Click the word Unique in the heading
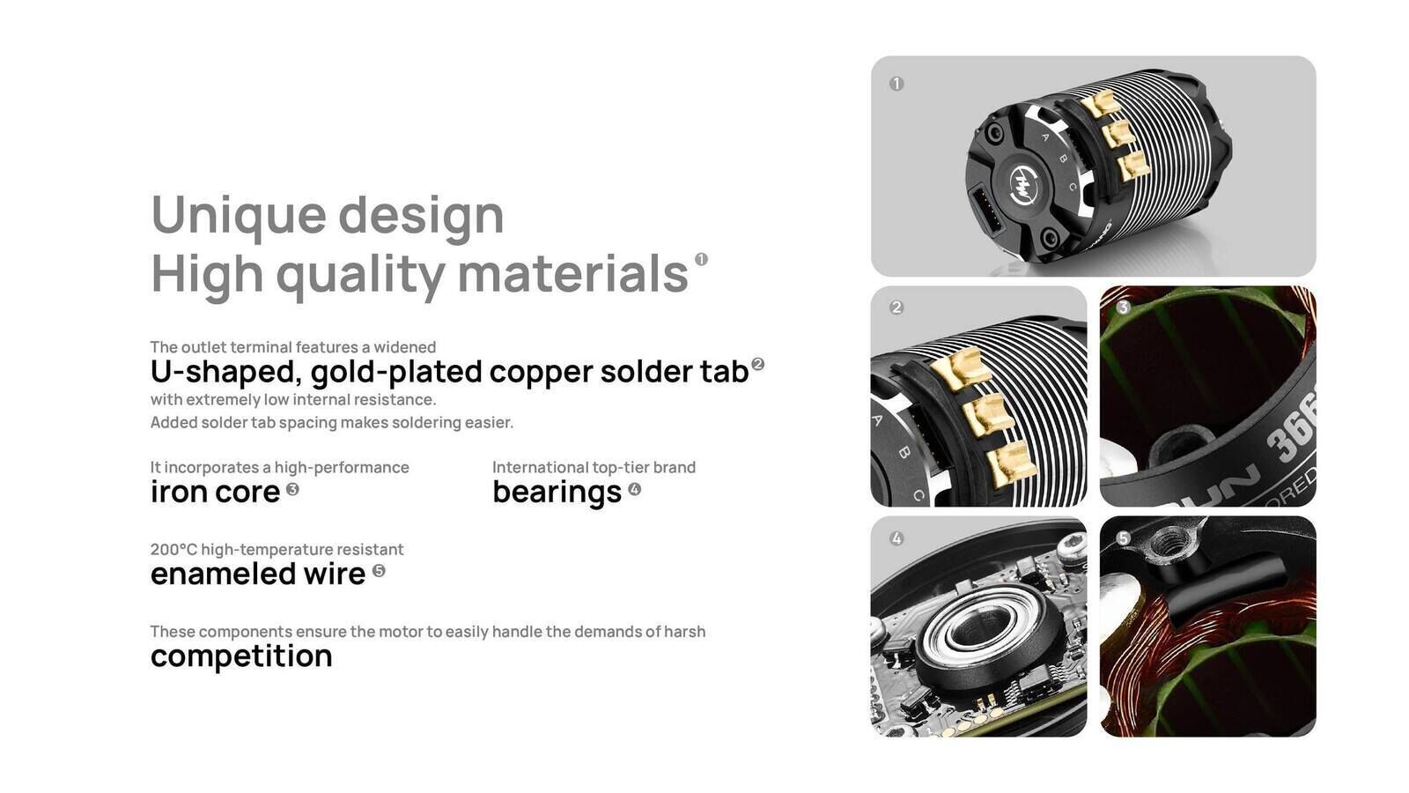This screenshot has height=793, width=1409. tap(239, 216)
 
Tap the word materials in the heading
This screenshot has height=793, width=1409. tap(573, 274)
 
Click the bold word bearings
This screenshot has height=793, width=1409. tap(557, 493)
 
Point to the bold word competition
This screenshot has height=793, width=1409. tap(241, 656)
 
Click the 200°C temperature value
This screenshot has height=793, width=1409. tap(173, 550)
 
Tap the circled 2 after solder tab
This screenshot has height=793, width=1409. tap(757, 364)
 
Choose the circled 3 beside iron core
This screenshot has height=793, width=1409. tap(292, 489)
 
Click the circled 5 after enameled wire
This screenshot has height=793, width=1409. tap(379, 571)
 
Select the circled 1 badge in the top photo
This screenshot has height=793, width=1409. tap(896, 84)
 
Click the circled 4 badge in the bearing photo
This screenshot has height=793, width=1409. tap(896, 538)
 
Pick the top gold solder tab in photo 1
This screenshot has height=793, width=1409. tap(1098, 102)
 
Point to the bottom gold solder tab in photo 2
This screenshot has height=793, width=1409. tap(1011, 463)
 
